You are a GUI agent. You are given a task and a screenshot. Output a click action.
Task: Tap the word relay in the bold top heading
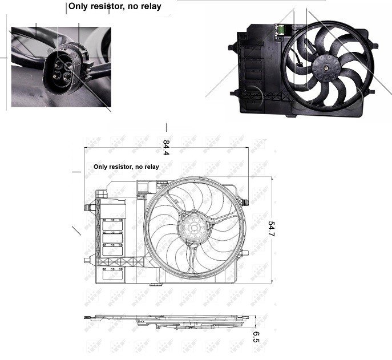click(x=150, y=7)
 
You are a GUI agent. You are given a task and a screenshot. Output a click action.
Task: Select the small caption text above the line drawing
click(x=126, y=167)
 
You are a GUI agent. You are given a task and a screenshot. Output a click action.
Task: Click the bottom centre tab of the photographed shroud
click(x=292, y=116)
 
